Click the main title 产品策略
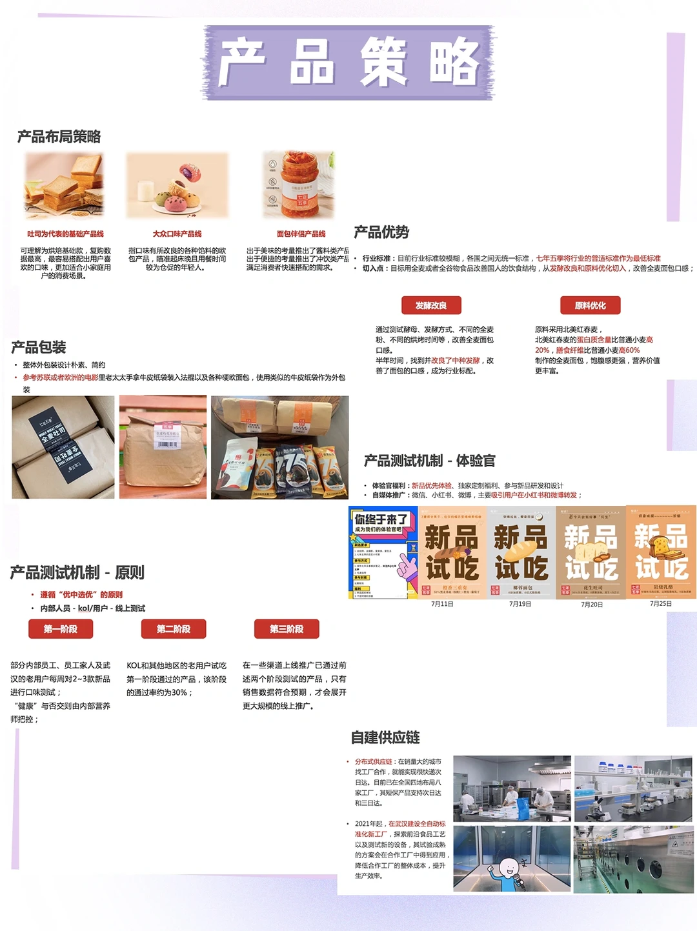[349, 63]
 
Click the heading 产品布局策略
[59, 137]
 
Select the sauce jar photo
[298, 185]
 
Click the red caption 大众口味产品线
[177, 234]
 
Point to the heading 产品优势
[381, 232]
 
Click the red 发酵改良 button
[430, 305]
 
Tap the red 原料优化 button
[590, 305]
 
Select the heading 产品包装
[39, 347]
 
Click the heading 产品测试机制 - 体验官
[429, 461]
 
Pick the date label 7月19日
[520, 604]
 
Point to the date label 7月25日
[661, 604]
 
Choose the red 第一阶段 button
[61, 629]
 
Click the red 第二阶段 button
[173, 629]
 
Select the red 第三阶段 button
[287, 629]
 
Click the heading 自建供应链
[385, 737]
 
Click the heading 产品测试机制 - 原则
[77, 572]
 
